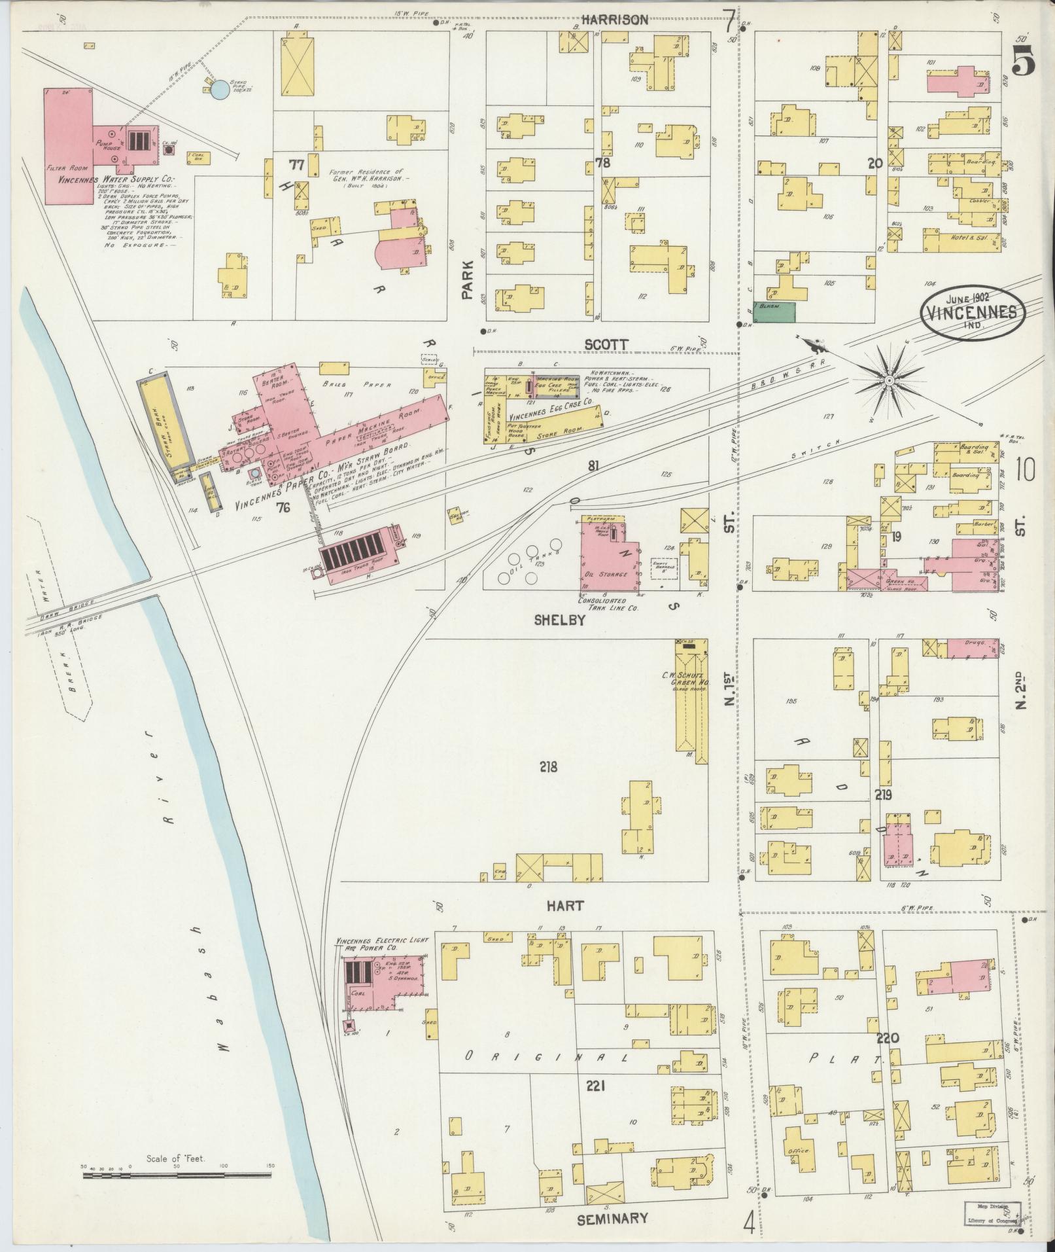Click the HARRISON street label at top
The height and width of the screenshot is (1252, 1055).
[x=615, y=20]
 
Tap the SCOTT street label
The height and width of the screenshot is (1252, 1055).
[x=606, y=344]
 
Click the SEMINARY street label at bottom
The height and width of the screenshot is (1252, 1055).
[x=612, y=1219]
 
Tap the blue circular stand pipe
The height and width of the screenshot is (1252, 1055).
[x=220, y=90]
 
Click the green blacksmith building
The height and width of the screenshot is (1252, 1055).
[x=774, y=312]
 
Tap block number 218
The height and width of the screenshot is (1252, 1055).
[x=548, y=766]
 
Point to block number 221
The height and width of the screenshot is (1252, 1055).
[x=595, y=1086]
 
